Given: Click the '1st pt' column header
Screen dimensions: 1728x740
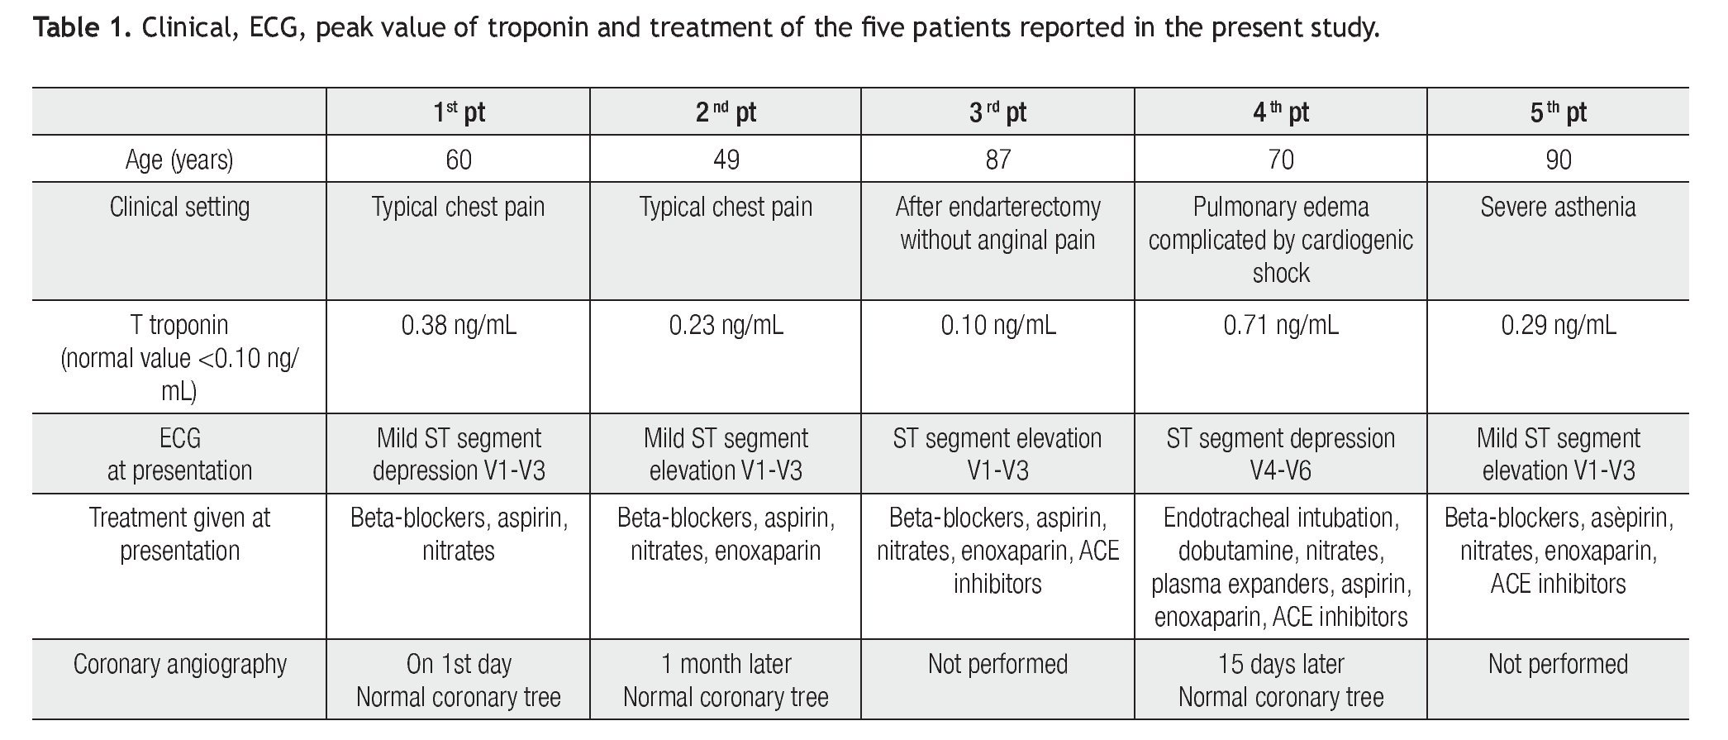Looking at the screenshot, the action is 459,112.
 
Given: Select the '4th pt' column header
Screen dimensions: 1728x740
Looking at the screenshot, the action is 1280,112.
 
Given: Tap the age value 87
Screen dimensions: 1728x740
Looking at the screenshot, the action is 997,160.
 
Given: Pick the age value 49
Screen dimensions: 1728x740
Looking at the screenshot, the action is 726,160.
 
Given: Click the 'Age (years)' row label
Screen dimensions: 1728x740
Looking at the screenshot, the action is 179,160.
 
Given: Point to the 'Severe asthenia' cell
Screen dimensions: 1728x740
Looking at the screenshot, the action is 1558,207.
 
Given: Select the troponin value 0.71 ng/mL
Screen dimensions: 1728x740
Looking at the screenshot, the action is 1280,326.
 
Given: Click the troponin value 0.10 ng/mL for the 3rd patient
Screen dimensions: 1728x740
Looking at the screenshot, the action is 997,326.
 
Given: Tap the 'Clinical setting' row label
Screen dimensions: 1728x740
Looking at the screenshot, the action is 179,207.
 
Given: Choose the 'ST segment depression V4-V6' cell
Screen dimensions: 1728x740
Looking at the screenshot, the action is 1280,454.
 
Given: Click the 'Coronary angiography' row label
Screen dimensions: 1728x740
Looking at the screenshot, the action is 179,665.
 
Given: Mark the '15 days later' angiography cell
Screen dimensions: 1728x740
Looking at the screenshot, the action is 1280,665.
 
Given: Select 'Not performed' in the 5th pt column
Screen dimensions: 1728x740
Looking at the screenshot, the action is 1558,665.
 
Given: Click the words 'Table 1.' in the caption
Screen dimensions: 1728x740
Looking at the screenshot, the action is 82,29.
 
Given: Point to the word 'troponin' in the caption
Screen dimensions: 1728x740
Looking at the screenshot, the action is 537,29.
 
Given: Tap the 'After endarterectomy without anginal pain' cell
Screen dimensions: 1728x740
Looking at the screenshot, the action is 997,223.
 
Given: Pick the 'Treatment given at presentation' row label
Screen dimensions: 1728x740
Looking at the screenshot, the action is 179,534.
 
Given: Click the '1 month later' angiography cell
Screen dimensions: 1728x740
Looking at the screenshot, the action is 726,665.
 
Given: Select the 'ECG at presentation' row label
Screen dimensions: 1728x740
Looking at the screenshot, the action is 179,454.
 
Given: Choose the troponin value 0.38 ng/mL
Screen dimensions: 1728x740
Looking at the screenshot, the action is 459,326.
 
